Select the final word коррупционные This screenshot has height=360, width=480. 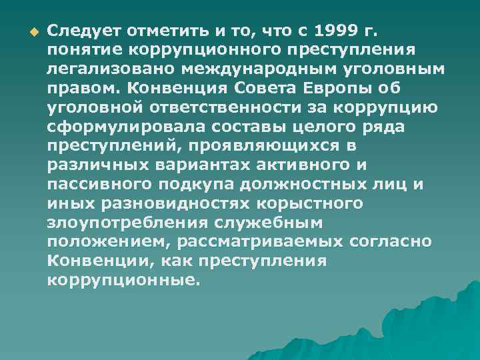[x=123, y=281]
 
